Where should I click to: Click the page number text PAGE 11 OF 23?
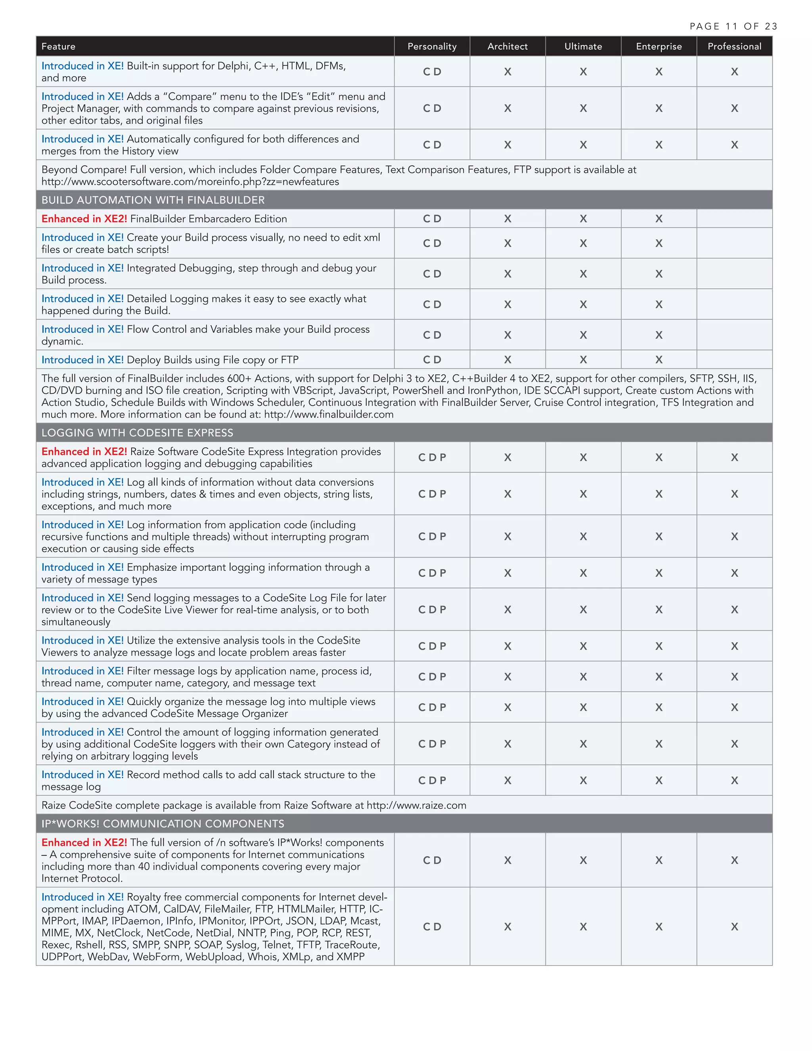coord(733,26)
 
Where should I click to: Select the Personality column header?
coord(431,46)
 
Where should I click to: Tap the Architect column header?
coord(507,46)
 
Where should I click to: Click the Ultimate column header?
coord(583,46)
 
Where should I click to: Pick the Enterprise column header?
coord(659,46)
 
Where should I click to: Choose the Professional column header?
coord(734,46)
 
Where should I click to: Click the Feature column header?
coord(58,46)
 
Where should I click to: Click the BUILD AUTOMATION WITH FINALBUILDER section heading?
coord(153,200)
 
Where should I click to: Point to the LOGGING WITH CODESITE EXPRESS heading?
coord(137,433)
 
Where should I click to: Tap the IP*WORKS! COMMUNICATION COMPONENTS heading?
coord(163,823)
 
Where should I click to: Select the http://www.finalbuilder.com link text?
coord(329,414)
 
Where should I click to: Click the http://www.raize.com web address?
coord(416,805)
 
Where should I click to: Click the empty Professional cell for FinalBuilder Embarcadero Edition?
coord(734,219)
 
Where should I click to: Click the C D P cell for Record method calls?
coord(431,780)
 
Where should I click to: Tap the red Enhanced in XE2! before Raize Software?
coord(84,451)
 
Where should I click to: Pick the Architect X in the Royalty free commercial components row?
coord(507,926)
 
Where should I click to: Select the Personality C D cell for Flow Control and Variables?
coord(431,335)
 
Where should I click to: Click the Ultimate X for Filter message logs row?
coord(583,677)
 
